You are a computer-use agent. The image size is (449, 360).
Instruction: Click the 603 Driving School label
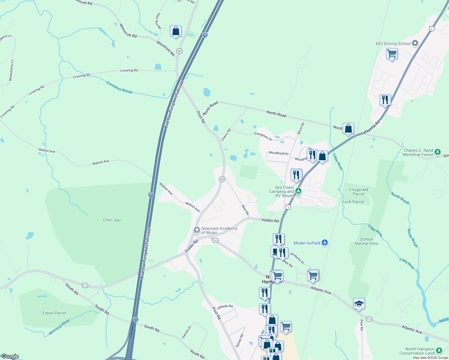(393, 43)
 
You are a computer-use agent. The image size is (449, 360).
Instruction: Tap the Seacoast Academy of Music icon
(197, 230)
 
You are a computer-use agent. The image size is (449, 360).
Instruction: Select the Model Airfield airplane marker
(324, 243)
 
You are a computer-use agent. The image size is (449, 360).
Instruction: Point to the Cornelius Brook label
(119, 87)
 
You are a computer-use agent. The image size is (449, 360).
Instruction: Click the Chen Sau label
(112, 220)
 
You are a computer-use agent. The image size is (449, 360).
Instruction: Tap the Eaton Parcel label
(54, 313)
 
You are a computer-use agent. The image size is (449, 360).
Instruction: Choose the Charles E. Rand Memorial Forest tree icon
(438, 152)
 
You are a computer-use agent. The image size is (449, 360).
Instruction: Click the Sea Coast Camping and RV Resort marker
(298, 191)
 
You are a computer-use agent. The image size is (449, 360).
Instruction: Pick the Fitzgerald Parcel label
(358, 192)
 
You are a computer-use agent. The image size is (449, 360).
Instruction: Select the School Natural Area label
(366, 241)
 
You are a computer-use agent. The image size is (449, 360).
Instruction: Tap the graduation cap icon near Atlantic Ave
(359, 304)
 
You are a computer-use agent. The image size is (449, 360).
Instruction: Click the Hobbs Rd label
(270, 220)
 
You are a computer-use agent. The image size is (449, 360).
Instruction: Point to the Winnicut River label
(59, 327)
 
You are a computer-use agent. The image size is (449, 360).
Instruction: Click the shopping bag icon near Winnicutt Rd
(176, 31)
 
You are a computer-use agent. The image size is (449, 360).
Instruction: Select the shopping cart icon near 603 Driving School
(392, 54)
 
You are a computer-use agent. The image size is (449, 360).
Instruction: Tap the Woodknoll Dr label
(279, 153)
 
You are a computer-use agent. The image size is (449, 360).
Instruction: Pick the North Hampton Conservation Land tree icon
(439, 350)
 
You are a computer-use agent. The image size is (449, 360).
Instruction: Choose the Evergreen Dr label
(263, 136)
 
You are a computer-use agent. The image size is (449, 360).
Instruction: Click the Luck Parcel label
(353, 202)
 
